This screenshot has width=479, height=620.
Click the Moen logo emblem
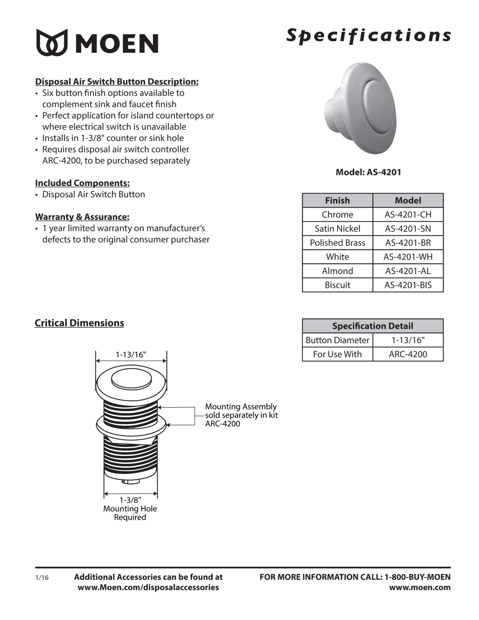[52, 42]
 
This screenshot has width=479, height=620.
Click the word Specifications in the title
[368, 35]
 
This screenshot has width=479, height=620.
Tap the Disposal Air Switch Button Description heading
[117, 82]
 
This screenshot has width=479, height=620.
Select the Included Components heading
[82, 183]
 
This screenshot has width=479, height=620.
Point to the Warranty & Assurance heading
[82, 217]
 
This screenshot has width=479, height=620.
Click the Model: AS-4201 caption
[368, 172]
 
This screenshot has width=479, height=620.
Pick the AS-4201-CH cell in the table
[408, 215]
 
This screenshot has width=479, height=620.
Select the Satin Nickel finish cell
[337, 228]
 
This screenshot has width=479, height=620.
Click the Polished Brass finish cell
[337, 243]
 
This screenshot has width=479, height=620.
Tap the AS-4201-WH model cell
[408, 257]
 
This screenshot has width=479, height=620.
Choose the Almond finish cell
[337, 271]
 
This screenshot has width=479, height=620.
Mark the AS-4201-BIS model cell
[408, 285]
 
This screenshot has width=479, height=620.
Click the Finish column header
[337, 201]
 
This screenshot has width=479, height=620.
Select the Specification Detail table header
[373, 326]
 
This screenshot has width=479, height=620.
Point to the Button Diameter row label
[337, 340]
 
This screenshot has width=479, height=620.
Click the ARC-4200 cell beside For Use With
[408, 354]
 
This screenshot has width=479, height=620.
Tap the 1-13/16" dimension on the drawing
[131, 355]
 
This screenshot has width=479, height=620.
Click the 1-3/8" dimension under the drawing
[130, 500]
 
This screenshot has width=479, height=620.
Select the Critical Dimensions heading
[79, 323]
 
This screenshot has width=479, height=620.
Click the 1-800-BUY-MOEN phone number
[417, 577]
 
